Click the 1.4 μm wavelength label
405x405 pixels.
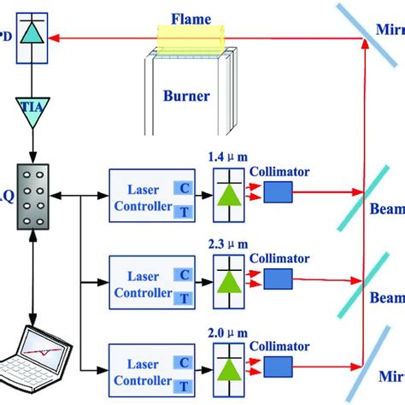[225, 158]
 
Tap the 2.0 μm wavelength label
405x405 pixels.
[225, 327]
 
